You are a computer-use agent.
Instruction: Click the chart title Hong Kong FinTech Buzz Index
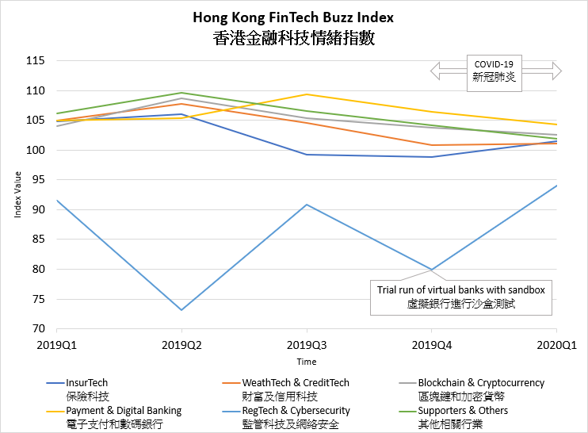tap(293, 17)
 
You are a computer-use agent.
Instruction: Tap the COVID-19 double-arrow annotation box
tap(494, 71)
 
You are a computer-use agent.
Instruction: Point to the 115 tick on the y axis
tap(35, 61)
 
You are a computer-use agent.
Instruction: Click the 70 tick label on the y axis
tap(37, 329)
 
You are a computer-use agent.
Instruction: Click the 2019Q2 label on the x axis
tap(181, 346)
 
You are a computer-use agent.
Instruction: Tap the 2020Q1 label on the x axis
tap(556, 346)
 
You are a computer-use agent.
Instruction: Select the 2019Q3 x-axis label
tap(307, 346)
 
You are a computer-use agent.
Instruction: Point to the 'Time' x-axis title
tap(307, 362)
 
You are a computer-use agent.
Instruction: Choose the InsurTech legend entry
tap(87, 383)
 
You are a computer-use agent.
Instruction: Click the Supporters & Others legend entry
tap(463, 411)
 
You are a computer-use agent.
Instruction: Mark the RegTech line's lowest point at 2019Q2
tap(181, 310)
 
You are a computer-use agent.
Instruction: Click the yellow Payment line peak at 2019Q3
tap(307, 94)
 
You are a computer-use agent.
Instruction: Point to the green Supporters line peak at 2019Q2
tap(181, 93)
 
